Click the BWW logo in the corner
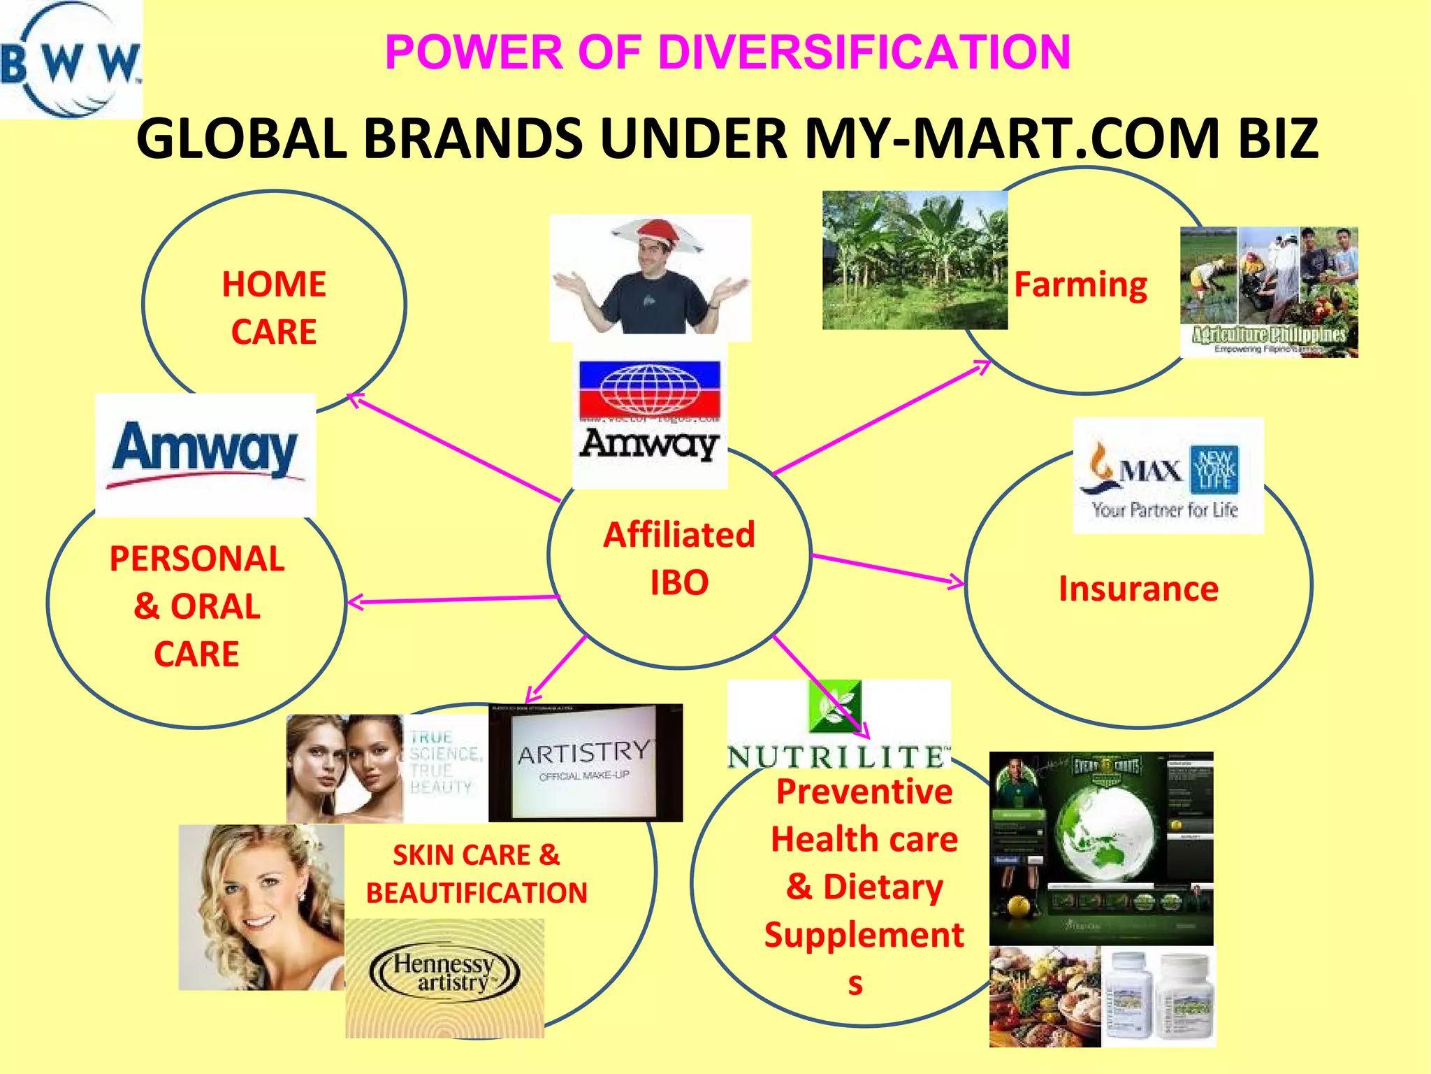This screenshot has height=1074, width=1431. pyautogui.click(x=70, y=60)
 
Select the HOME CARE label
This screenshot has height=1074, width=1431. pyautogui.click(x=274, y=308)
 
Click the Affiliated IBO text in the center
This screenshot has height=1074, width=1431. pyautogui.click(x=679, y=558)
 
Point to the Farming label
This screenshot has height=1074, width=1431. pyautogui.click(x=1080, y=285)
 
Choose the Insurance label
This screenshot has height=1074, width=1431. pyautogui.click(x=1138, y=589)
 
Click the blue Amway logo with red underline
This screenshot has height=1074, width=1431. pyautogui.click(x=205, y=451)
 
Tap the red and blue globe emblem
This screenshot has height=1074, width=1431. pyautogui.click(x=650, y=388)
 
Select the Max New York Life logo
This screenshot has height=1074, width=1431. pyautogui.click(x=1168, y=475)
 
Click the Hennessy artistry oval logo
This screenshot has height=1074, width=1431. pyautogui.click(x=444, y=973)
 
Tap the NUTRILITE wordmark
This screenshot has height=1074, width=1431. pyautogui.click(x=838, y=757)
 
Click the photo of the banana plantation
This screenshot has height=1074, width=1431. pyautogui.click(x=915, y=260)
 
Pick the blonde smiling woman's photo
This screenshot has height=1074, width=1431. pyautogui.click(x=261, y=907)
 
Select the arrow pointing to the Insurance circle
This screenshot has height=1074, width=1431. pyautogui.click(x=887, y=568)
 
